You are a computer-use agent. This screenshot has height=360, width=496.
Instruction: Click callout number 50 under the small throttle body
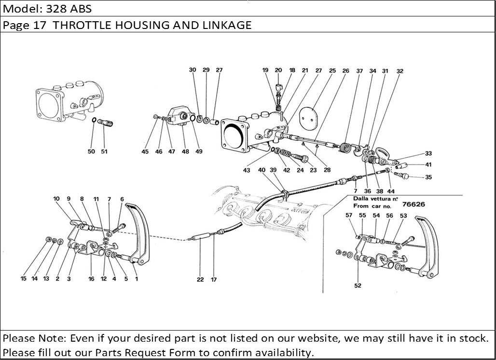[x=91, y=152]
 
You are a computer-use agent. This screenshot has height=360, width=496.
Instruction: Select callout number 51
[x=104, y=152]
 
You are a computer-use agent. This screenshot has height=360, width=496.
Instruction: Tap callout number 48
[x=185, y=152]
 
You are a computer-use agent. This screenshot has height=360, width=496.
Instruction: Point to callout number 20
[x=278, y=70]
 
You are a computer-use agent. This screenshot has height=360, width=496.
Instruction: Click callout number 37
[x=359, y=71]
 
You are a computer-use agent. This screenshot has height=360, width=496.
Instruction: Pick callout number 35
[x=428, y=177]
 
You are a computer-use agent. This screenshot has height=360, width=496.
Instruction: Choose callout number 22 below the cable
[x=200, y=279]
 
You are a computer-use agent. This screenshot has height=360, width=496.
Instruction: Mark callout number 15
[x=23, y=278]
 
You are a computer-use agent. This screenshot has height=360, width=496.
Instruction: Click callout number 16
[x=91, y=278]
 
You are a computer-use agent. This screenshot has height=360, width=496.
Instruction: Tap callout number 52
[x=357, y=286]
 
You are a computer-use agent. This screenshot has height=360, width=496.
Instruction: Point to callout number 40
[x=261, y=170]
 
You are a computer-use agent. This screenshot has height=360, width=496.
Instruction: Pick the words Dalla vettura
[x=375, y=198]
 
